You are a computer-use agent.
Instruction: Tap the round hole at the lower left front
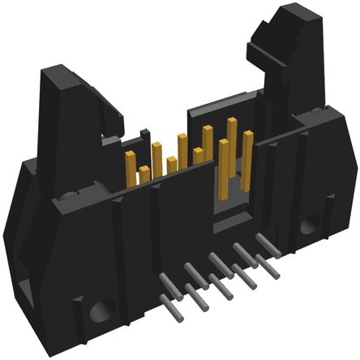[101, 310]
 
